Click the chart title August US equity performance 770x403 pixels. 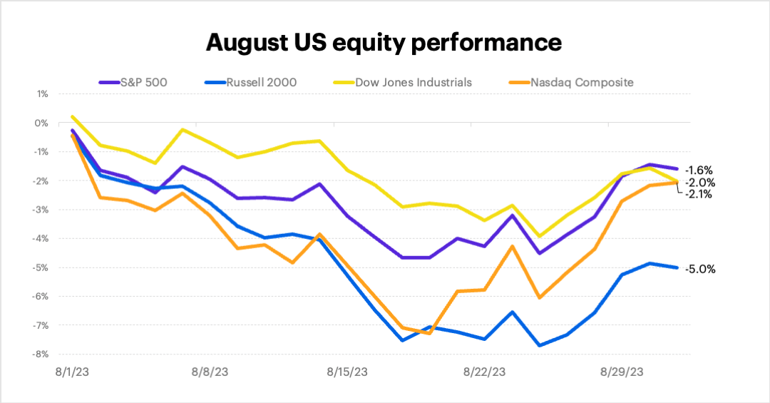pos(384,43)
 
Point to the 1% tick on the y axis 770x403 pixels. pos(42,94)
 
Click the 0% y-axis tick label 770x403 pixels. pos(42,123)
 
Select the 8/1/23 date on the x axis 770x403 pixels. pos(73,372)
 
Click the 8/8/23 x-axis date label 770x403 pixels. pos(210,372)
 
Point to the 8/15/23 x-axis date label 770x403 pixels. pos(347,372)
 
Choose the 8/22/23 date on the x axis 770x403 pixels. pos(485,372)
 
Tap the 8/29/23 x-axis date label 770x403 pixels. pos(622,372)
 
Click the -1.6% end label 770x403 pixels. pos(699,170)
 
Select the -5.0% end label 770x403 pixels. pos(700,270)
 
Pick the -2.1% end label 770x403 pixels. pos(699,194)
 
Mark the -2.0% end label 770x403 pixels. pos(700,183)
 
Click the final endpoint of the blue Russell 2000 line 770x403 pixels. pos(676,267)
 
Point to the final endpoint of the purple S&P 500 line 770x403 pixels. pos(676,168)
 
